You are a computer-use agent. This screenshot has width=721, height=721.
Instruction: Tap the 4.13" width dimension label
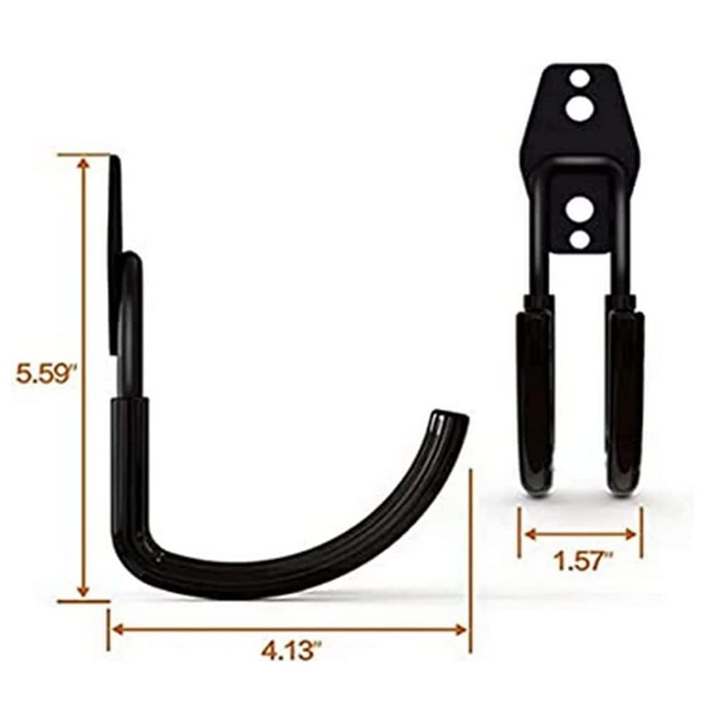[288, 651]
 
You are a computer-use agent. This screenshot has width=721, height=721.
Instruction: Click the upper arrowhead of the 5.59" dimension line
[83, 163]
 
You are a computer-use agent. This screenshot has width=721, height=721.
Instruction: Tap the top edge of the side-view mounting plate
[115, 159]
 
